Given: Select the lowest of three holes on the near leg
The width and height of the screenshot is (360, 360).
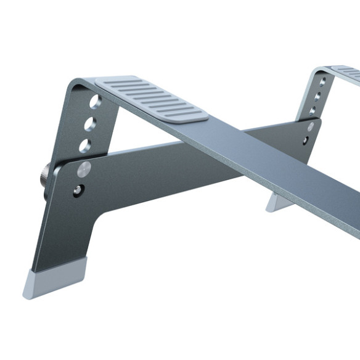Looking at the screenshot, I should [x=85, y=145].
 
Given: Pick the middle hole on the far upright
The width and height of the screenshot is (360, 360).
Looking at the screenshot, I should [x=317, y=96].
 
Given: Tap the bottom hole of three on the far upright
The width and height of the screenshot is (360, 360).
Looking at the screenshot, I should [x=313, y=111].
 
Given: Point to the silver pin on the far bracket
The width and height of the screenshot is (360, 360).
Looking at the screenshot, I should [x=310, y=126].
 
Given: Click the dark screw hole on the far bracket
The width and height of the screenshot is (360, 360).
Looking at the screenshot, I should [x=306, y=141].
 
